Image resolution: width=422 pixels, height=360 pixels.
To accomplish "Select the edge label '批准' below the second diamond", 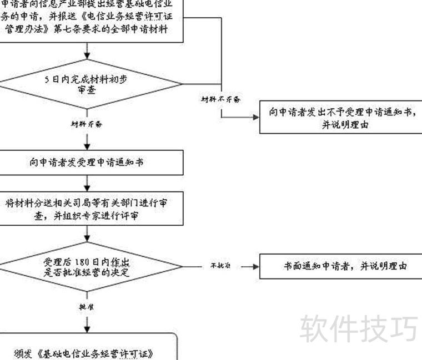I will (x=87, y=306).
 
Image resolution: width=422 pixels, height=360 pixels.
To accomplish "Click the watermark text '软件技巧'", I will (x=359, y=328).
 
